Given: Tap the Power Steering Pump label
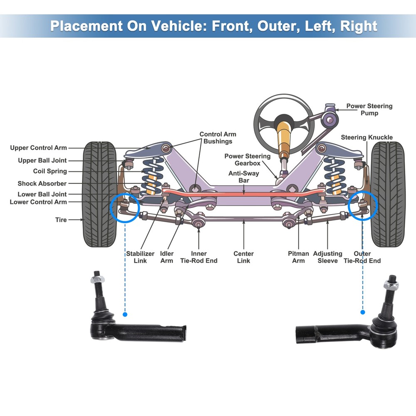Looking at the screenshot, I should pyautogui.click(x=369, y=109).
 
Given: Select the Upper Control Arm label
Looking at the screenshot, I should pyautogui.click(x=38, y=148).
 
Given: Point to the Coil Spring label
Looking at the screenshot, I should pyautogui.click(x=50, y=171).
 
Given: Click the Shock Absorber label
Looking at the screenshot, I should pyautogui.click(x=42, y=183).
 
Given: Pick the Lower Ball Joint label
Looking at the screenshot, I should pyautogui.click(x=42, y=194).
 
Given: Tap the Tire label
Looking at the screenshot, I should pyautogui.click(x=61, y=220).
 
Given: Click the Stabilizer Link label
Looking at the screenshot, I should pyautogui.click(x=140, y=257).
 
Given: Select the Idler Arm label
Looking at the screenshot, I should pyautogui.click(x=167, y=257).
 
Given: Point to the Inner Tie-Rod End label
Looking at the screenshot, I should pyautogui.click(x=199, y=257).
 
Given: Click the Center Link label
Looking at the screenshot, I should pyautogui.click(x=243, y=257).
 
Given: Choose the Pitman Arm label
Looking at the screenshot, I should pyautogui.click(x=298, y=257).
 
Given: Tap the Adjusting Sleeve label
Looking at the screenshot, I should pyautogui.click(x=327, y=257).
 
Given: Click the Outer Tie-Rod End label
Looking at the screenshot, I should pyautogui.click(x=362, y=257).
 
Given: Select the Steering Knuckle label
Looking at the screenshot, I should pyautogui.click(x=366, y=137).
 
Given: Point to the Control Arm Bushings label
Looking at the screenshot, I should pyautogui.click(x=218, y=138).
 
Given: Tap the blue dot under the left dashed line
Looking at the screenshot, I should pyautogui.click(x=125, y=314).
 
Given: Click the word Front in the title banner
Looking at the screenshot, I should pyautogui.click(x=231, y=26).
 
